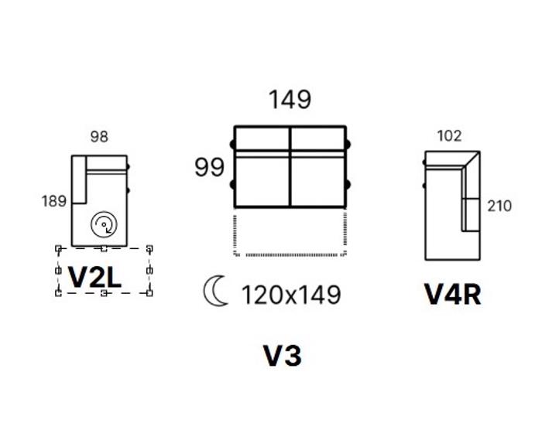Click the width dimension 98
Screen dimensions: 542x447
tap(99, 137)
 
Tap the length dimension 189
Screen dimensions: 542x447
tap(54, 201)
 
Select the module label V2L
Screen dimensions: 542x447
tap(94, 277)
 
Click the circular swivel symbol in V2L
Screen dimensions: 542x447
tap(104, 224)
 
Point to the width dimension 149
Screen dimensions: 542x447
tap(290, 100)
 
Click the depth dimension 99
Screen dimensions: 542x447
tap(210, 167)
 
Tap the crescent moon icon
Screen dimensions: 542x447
tap(215, 291)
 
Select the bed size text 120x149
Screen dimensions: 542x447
tap(291, 295)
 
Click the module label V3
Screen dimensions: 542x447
tap(283, 356)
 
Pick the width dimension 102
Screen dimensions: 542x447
tap(449, 136)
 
